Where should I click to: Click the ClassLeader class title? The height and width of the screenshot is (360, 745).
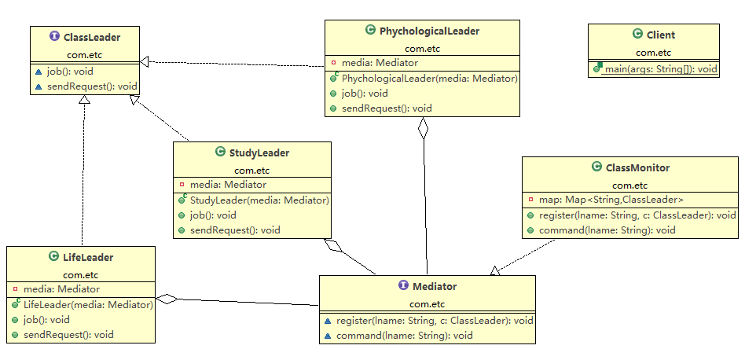coord(90,35)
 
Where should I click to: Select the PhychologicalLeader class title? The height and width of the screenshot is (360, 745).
coord(429,31)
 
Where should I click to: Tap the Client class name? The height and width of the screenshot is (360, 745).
coord(660,35)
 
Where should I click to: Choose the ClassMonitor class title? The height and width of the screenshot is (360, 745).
coord(637,167)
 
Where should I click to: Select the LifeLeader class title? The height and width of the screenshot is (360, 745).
coord(87,256)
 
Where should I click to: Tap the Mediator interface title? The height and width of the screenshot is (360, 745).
coord(434,286)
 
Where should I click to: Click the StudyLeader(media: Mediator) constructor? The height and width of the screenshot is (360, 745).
coord(259,200)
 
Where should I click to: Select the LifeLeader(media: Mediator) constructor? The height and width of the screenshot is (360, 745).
coord(87,304)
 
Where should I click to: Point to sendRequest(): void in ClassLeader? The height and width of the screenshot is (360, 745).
coord(90,86)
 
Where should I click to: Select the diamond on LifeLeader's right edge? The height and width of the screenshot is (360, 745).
coord(167,299)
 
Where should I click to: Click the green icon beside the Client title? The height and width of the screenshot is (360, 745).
coord(637,34)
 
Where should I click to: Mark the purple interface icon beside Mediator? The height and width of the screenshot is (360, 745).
coord(404,286)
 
